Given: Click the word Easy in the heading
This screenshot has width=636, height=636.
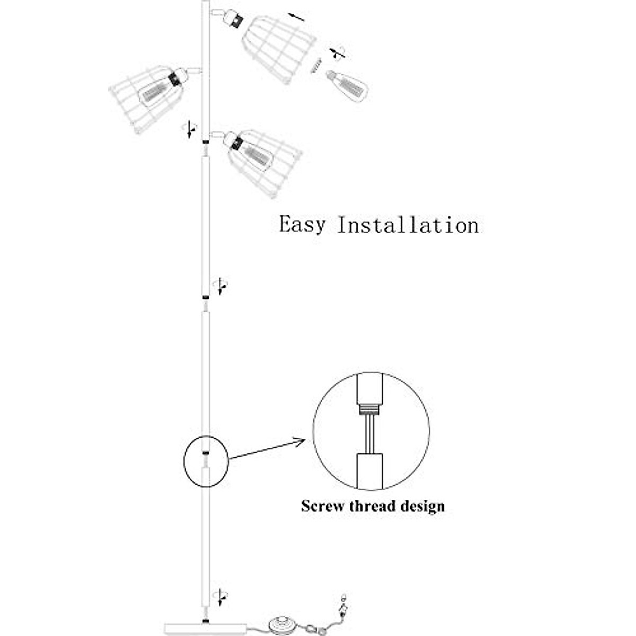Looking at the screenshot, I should (302, 225).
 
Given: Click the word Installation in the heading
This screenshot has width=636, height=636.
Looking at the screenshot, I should (408, 225).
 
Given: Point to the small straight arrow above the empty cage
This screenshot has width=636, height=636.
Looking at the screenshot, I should (297, 16).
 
